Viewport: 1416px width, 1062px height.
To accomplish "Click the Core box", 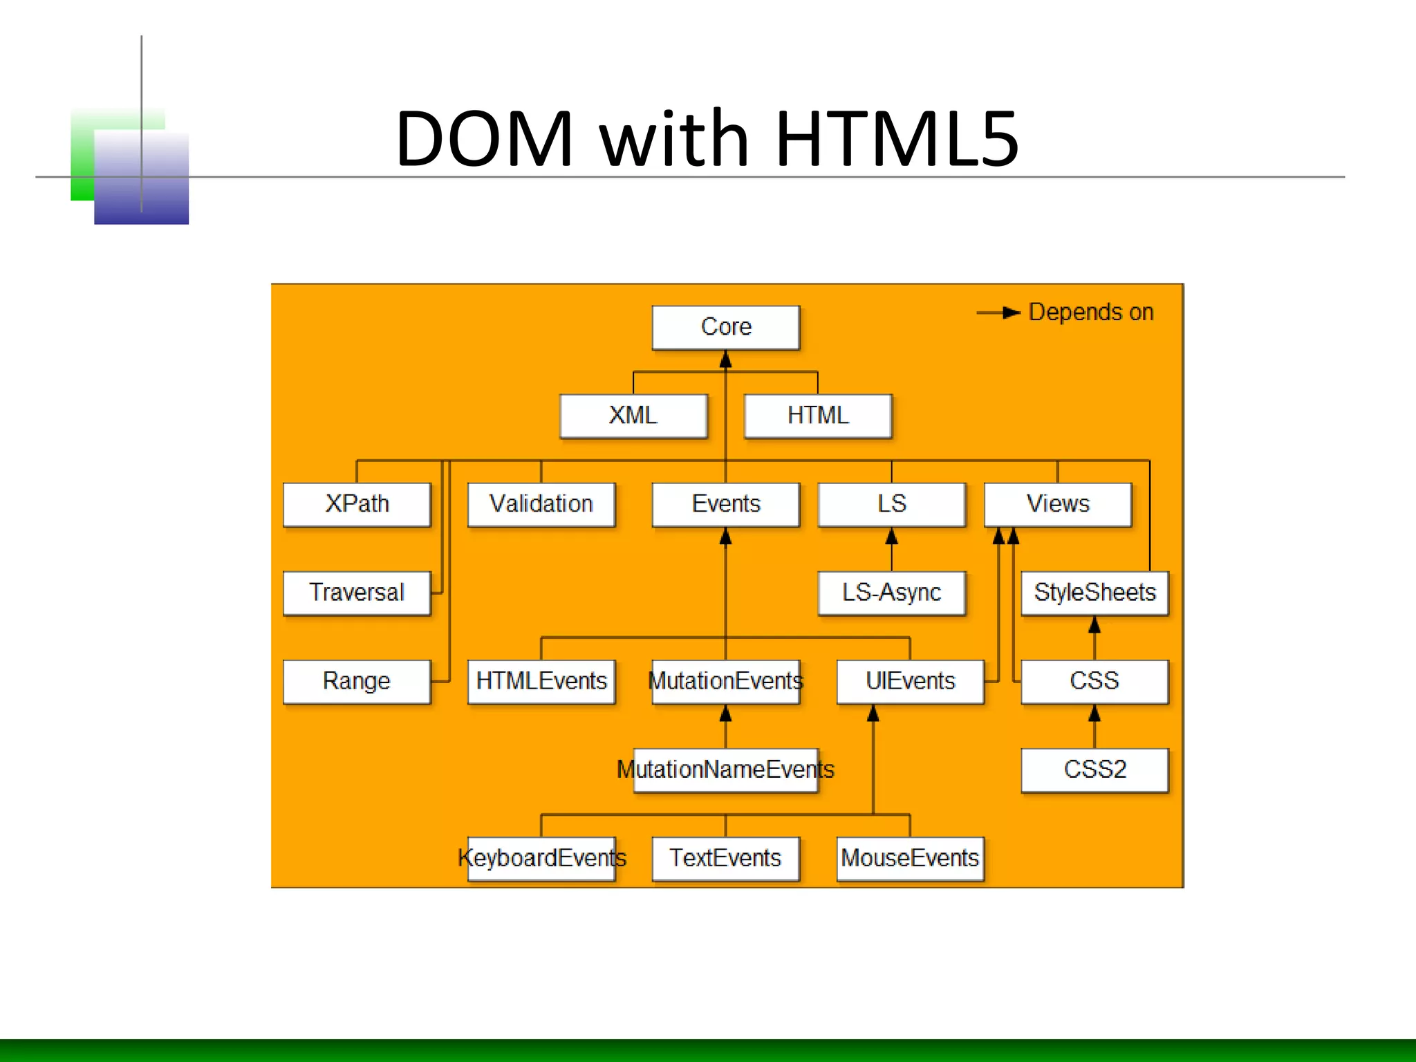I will (x=725, y=327).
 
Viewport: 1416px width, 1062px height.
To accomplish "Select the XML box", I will (x=633, y=416).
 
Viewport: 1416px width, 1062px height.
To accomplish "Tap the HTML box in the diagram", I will (x=818, y=416).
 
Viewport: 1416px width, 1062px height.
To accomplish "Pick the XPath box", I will (x=357, y=504).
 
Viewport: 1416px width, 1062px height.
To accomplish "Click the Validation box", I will (x=541, y=504).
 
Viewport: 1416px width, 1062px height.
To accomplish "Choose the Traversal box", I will (x=357, y=593).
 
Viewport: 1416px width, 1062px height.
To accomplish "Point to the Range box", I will (x=357, y=681).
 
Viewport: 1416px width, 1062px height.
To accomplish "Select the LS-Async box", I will (x=891, y=593).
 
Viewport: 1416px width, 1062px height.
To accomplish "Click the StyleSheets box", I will (x=1094, y=593).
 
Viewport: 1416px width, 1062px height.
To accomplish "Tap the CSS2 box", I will (x=1094, y=770).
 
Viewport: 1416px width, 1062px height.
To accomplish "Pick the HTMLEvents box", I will (x=541, y=681).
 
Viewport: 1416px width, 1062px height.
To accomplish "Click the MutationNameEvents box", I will (x=725, y=770).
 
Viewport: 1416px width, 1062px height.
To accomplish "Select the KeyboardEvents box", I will (x=541, y=858).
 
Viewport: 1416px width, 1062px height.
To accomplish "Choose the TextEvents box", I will (x=725, y=858).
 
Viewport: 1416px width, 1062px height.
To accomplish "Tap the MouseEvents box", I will (x=910, y=858).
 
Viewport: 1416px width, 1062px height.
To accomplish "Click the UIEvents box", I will (x=910, y=681).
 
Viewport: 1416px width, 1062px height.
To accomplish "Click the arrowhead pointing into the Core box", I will (x=725, y=360).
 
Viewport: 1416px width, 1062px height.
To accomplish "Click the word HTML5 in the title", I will (x=897, y=138).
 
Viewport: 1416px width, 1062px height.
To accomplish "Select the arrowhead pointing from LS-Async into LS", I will (x=891, y=537).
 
